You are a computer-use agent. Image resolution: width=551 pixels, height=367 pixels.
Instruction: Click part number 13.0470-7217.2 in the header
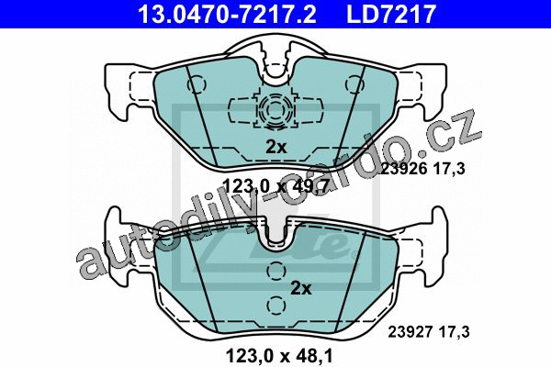pyautogui.click(x=228, y=14)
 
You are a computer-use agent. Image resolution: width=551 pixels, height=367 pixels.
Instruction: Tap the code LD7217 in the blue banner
pyautogui.click(x=391, y=14)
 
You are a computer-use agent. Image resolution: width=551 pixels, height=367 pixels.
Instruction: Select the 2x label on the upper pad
pyautogui.click(x=275, y=147)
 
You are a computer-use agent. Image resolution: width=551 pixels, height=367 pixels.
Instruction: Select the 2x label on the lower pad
pyautogui.click(x=301, y=289)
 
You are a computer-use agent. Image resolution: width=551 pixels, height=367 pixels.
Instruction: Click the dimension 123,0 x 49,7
pyautogui.click(x=275, y=185)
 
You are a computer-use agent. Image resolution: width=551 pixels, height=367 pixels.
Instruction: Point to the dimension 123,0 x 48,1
pyautogui.click(x=280, y=356)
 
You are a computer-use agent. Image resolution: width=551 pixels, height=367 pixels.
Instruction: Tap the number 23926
pyautogui.click(x=404, y=169)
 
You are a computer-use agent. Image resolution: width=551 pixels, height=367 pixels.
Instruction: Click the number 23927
pyautogui.click(x=411, y=332)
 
